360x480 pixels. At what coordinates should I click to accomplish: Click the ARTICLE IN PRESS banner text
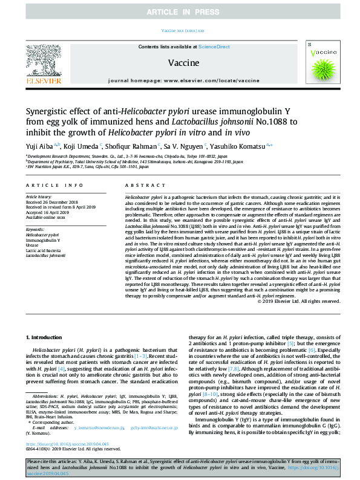coord(180,11)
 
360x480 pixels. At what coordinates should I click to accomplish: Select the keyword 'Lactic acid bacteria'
coord(42,250)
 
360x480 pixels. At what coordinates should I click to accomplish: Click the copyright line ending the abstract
coord(296,301)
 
